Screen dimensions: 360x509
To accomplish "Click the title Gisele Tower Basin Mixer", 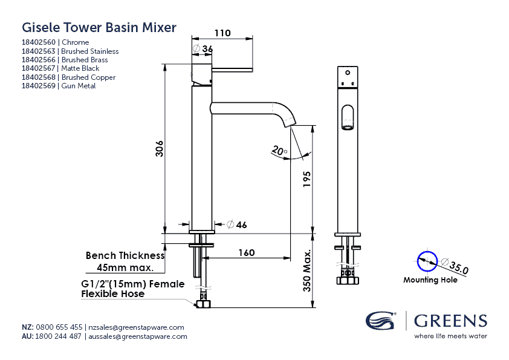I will pyautogui.click(x=99, y=27).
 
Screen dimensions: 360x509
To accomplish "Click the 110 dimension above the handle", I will pyautogui.click(x=222, y=33).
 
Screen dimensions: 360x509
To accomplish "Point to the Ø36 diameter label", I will pyautogui.click(x=203, y=49).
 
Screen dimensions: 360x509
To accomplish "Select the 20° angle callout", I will pyautogui.click(x=279, y=149).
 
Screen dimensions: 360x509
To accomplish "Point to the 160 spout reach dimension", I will pyautogui.click(x=245, y=252).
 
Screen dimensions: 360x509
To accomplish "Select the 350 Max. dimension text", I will pyautogui.click(x=307, y=271).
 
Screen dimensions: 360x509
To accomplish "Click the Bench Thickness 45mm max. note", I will pyautogui.click(x=125, y=261).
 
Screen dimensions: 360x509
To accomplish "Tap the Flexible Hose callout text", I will pyautogui.click(x=112, y=294).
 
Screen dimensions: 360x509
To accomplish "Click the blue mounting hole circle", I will pyautogui.click(x=426, y=261).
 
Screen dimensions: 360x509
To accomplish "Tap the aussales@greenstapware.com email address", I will pyautogui.click(x=138, y=336).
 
